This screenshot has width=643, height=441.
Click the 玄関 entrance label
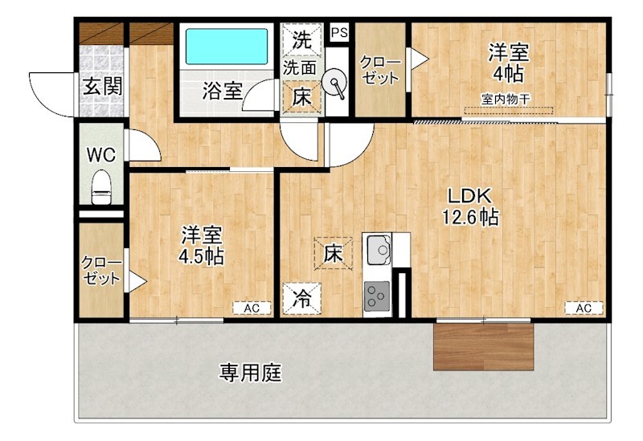[x=102, y=86]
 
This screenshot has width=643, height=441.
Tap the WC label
[x=102, y=154]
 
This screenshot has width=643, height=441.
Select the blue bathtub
[x=227, y=47]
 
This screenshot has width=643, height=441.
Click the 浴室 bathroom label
[x=221, y=90]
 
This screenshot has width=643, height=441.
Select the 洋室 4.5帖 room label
[x=201, y=246]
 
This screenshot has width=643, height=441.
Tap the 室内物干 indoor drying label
[x=507, y=100]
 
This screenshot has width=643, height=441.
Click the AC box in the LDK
[x=584, y=308]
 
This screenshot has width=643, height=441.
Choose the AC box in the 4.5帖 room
[x=252, y=308]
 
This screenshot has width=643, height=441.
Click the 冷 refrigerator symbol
[x=301, y=300]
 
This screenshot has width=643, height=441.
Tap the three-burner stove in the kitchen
[x=376, y=297]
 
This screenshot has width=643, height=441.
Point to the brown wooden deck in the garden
[x=483, y=346]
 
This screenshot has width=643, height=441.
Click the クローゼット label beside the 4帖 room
[x=379, y=70]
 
